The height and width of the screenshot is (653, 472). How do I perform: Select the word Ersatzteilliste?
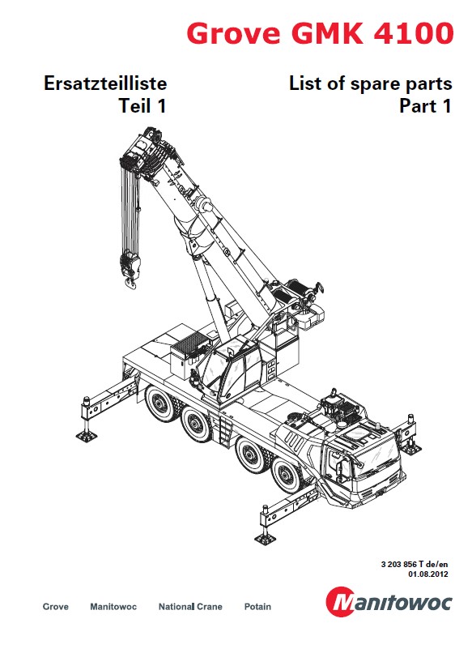pyautogui.click(x=105, y=83)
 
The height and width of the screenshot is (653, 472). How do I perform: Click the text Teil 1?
pyautogui.click(x=142, y=105)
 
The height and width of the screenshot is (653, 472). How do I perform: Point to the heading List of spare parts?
pyautogui.click(x=371, y=83)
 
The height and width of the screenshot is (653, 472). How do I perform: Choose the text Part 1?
pyautogui.click(x=425, y=106)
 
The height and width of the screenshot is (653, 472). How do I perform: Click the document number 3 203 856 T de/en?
pyautogui.click(x=415, y=565)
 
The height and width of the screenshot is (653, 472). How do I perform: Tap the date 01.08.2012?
pyautogui.click(x=428, y=574)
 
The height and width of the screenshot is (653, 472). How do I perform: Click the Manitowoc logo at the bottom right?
pyautogui.click(x=389, y=601)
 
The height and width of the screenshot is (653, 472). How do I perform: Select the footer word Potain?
pyautogui.click(x=257, y=606)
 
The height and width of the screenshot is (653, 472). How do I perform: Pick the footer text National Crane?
pyautogui.click(x=190, y=606)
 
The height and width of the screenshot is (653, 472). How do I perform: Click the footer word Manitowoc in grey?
pyautogui.click(x=113, y=606)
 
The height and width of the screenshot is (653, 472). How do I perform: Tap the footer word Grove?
pyautogui.click(x=55, y=606)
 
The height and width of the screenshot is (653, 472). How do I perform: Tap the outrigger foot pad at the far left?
pyautogui.click(x=87, y=436)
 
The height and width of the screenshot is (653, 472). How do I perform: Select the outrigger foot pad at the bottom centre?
pyautogui.click(x=265, y=539)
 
